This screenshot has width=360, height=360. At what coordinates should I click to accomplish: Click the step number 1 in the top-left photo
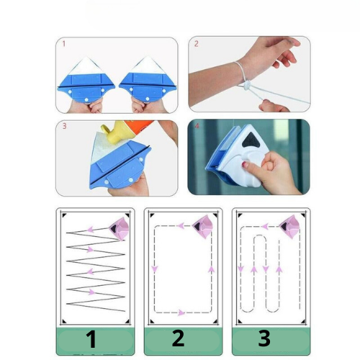pos(63,44)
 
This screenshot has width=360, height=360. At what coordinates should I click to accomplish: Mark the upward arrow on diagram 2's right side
pos(211,270)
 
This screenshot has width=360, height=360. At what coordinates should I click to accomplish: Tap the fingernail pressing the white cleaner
pos(251,168)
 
